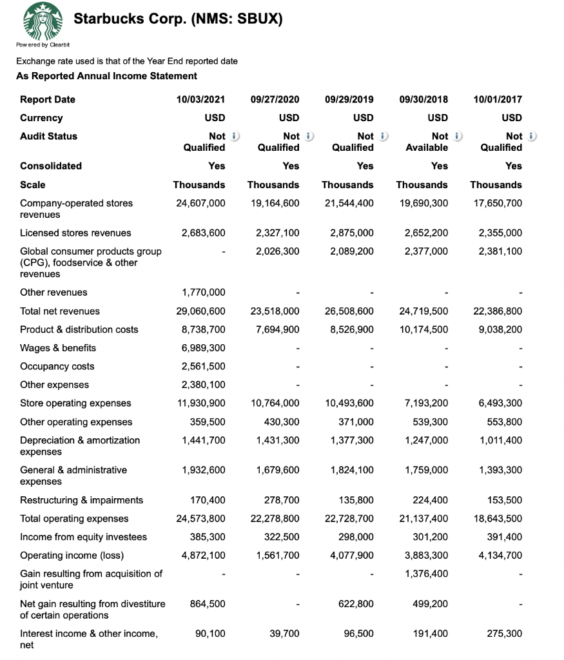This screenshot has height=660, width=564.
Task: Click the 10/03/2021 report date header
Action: coord(200,99)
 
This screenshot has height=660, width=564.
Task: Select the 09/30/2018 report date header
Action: coord(423,99)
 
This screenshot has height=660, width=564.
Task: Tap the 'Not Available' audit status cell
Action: coord(426,142)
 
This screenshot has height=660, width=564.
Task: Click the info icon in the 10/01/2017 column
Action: coord(532,136)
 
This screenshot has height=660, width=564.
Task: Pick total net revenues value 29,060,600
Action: coord(200,311)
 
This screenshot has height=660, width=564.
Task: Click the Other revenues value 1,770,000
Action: coord(204,293)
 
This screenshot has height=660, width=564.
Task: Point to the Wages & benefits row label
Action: coord(58,348)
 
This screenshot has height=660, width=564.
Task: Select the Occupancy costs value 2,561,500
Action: coord(204,367)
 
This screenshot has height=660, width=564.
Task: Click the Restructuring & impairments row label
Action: coord(82,500)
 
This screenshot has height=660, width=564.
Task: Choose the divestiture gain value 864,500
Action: coord(207,604)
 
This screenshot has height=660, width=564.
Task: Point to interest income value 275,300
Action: coord(504,634)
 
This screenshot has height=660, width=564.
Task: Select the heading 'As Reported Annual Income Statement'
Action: coord(106,76)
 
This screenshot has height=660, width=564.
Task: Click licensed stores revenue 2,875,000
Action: coord(352,233)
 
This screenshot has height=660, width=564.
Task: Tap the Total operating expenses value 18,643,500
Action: coord(497,519)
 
